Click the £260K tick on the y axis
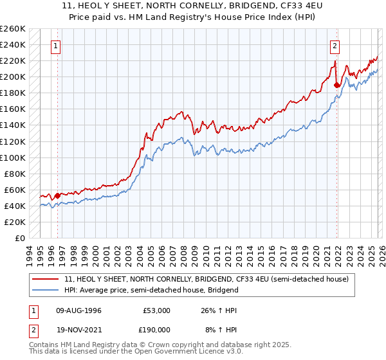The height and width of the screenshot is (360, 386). click(x=13, y=29)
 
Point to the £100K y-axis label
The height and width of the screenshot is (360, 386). click(x=13, y=157)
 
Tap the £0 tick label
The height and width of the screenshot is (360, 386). click(x=20, y=238)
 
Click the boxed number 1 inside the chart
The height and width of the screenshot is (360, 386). click(x=57, y=46)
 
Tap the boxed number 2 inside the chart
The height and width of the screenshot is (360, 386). click(x=335, y=46)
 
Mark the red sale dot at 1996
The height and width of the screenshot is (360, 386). click(x=57, y=195)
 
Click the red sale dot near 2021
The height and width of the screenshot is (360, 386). click(x=337, y=85)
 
